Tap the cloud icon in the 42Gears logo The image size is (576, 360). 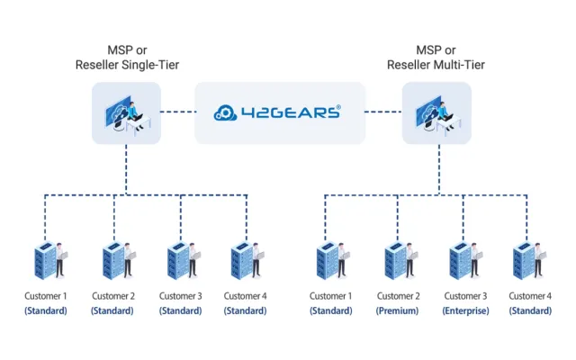pyautogui.click(x=229, y=112)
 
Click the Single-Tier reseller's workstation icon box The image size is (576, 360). pyautogui.click(x=127, y=112)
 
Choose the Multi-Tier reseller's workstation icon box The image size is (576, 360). pyautogui.click(x=436, y=112)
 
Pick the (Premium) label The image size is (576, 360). pyautogui.click(x=398, y=310)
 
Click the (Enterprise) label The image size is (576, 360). pyautogui.click(x=465, y=310)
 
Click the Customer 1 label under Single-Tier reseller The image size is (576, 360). pyautogui.click(x=45, y=295)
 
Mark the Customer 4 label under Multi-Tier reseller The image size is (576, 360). pyautogui.click(x=531, y=295)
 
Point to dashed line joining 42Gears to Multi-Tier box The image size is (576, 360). pyautogui.click(x=383, y=112)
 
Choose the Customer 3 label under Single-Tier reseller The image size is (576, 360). pyautogui.click(x=180, y=295)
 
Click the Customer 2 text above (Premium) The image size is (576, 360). pyautogui.click(x=398, y=295)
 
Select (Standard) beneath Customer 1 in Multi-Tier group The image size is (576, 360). pyautogui.click(x=330, y=310)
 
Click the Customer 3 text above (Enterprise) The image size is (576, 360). pyautogui.click(x=465, y=295)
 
